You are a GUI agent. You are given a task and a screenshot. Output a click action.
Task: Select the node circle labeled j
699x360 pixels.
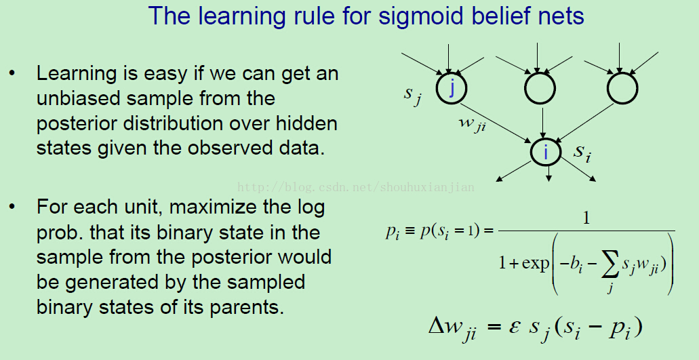coord(452,88)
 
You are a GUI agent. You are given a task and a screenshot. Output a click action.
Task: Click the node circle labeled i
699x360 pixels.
coord(546,152)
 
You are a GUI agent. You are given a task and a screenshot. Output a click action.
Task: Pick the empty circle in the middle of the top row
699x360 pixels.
coord(540,88)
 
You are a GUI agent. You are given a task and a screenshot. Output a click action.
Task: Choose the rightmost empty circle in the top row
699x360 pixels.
coord(622,88)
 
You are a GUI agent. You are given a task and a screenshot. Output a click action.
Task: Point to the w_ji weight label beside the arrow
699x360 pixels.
coord(473,124)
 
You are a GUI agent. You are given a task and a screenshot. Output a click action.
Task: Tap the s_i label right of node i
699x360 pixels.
coord(582,153)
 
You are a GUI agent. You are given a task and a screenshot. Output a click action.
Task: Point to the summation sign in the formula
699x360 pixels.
coord(610,266)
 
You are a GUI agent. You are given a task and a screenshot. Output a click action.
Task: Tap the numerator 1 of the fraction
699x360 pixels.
coord(586,218)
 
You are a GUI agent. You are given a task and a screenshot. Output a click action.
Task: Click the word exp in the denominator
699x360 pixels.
coord(536,264)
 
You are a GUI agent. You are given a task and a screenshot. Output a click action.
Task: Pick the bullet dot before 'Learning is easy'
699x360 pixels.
coord(12,73)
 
